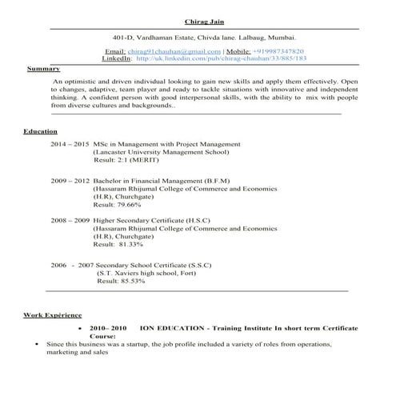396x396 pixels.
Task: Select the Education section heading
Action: (39, 130)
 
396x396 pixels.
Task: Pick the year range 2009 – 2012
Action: (70, 181)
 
